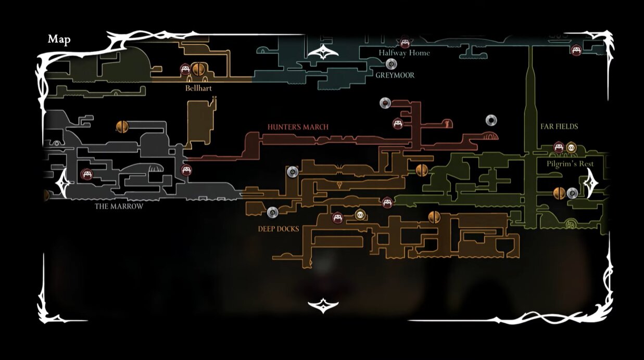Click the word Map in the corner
[x=59, y=39]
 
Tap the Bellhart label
[x=198, y=88]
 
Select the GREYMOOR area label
[x=395, y=75]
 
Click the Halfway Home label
[x=404, y=53]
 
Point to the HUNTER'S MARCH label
[x=298, y=127]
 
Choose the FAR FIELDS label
[x=559, y=126]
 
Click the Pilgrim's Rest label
[x=570, y=164]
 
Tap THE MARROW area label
[x=119, y=207]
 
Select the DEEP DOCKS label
[x=279, y=229]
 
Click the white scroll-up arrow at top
[x=323, y=52]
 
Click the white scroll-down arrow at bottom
[x=323, y=306]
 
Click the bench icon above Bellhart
[x=185, y=69]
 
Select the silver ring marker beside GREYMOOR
[x=391, y=64]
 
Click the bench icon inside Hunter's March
[x=398, y=124]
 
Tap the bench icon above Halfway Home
[x=405, y=43]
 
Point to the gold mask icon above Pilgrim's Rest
[x=571, y=148]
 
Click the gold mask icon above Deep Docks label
[x=360, y=215]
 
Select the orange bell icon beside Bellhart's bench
[x=197, y=69]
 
